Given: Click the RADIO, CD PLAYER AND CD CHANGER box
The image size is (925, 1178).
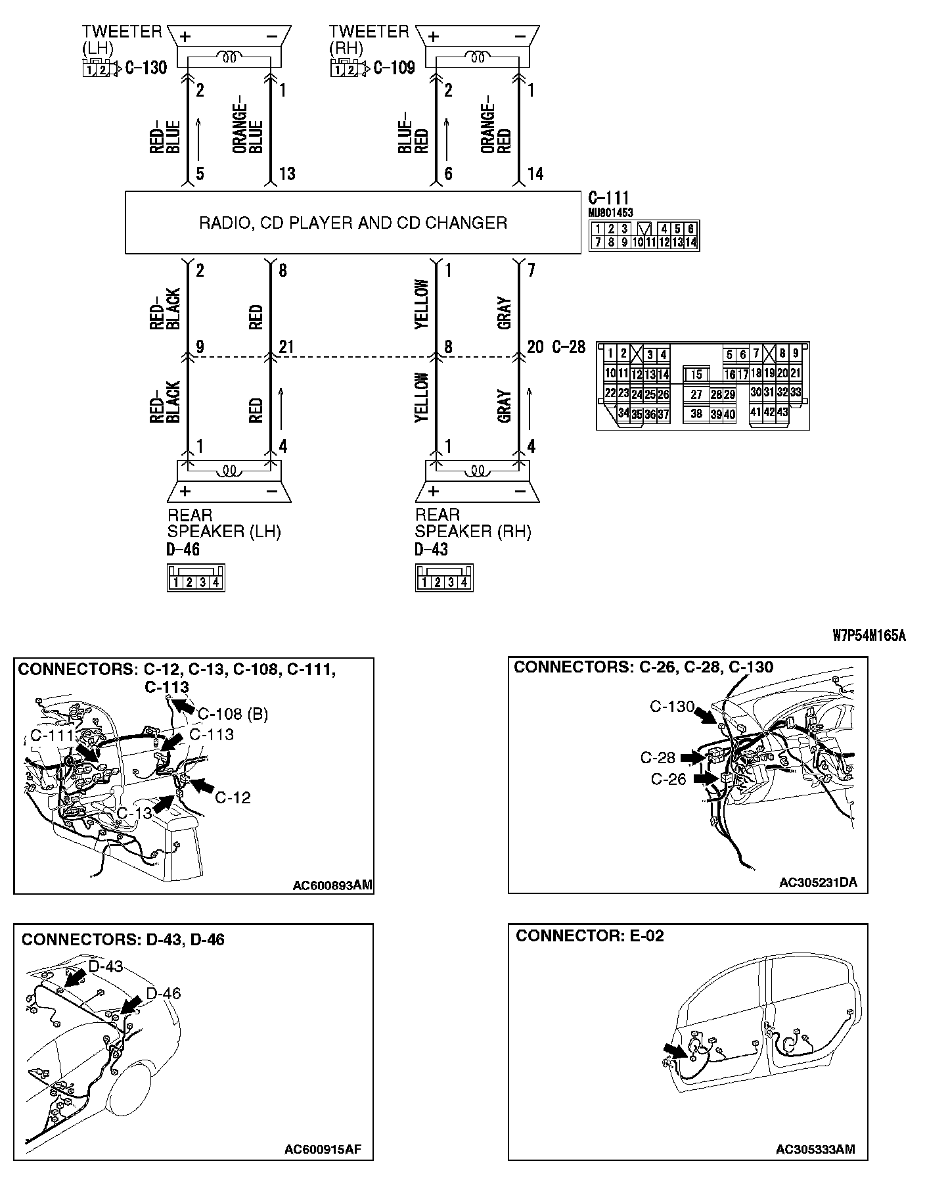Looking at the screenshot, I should pyautogui.click(x=353, y=223).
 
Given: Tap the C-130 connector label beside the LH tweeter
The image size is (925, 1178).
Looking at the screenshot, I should pyautogui.click(x=145, y=67).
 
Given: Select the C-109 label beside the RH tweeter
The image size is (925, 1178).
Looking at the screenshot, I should pyautogui.click(x=394, y=67).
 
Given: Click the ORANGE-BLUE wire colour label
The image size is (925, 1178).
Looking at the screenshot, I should pyautogui.click(x=248, y=128).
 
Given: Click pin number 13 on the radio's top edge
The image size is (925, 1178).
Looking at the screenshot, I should pyautogui.click(x=287, y=174).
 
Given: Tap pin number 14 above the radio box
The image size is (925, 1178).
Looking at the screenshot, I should pyautogui.click(x=535, y=174).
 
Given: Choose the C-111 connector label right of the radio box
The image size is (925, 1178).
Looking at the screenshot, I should pyautogui.click(x=609, y=198).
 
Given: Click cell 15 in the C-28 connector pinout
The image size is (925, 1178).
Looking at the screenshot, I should pyautogui.click(x=696, y=375).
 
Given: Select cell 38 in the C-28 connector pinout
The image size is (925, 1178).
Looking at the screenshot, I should pyautogui.click(x=696, y=414).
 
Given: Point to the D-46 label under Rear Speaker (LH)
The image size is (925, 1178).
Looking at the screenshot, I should pyautogui.click(x=183, y=550).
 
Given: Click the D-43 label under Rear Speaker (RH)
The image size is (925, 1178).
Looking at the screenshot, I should pyautogui.click(x=432, y=550).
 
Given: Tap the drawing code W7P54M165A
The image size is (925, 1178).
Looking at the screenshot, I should pyautogui.click(x=869, y=635).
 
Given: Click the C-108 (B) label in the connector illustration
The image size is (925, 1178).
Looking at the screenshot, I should pyautogui.click(x=233, y=714).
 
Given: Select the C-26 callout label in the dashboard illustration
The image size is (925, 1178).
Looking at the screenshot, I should pyautogui.click(x=668, y=779).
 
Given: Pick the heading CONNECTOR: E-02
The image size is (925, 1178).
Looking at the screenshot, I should pyautogui.click(x=589, y=935).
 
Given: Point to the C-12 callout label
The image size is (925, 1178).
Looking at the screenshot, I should pyautogui.click(x=233, y=797).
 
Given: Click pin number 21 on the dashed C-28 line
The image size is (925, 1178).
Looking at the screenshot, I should pyautogui.click(x=286, y=346).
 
